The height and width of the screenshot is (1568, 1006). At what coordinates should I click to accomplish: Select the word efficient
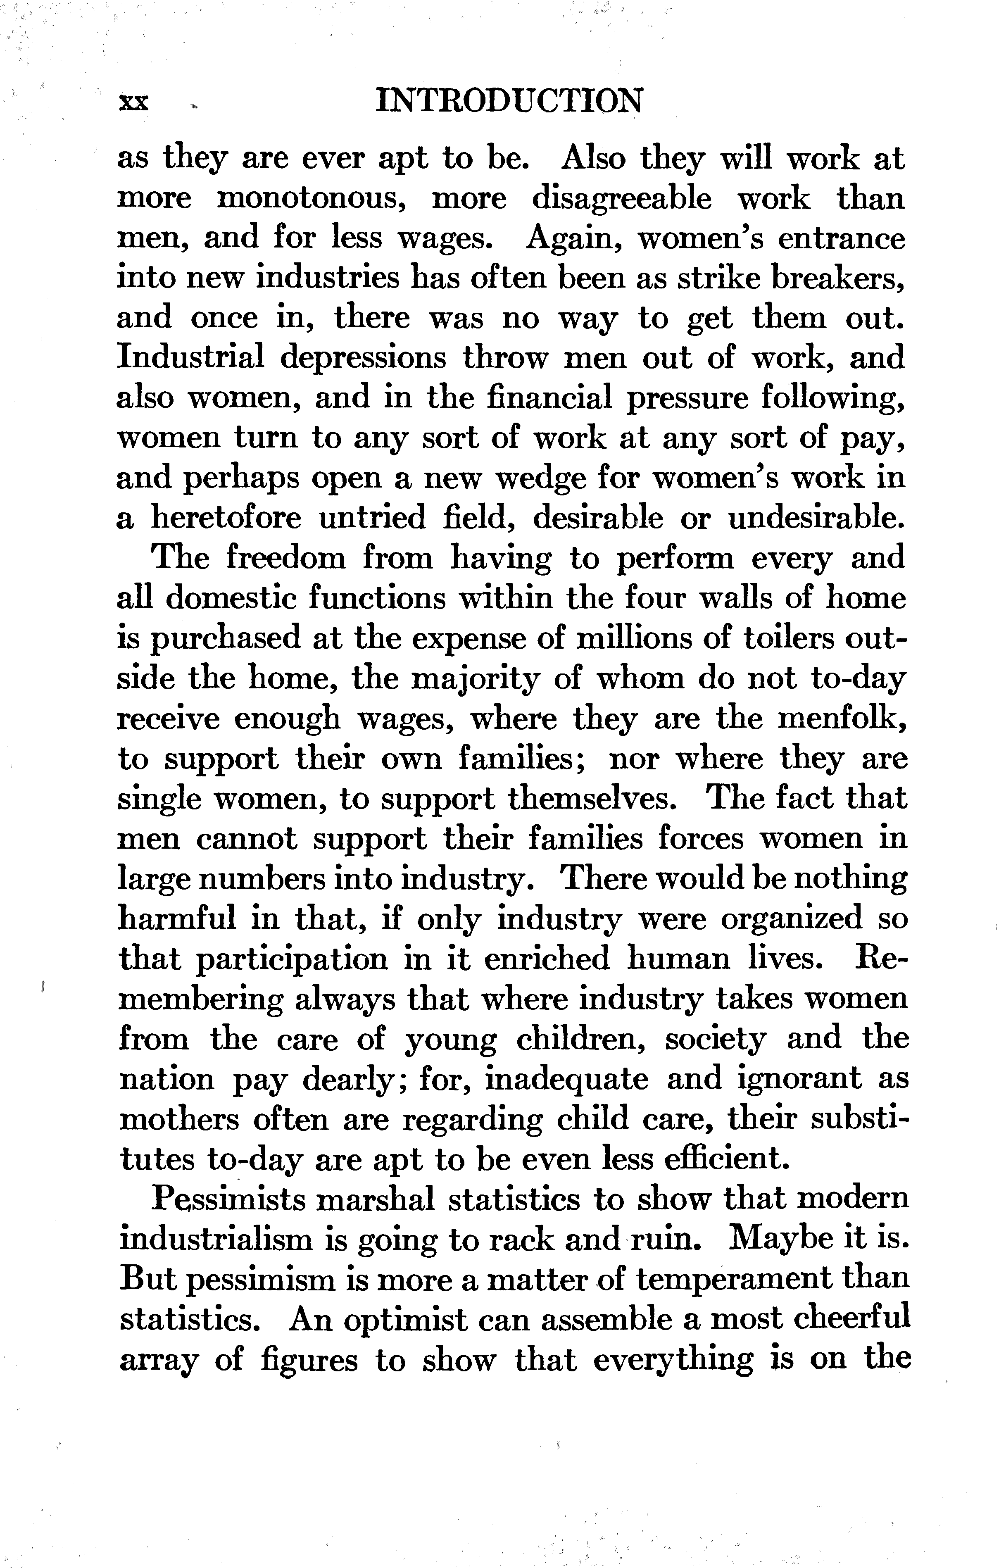(722, 1159)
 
